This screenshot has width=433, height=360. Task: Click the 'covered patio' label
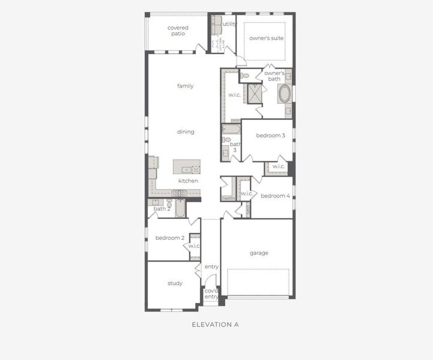click(177, 31)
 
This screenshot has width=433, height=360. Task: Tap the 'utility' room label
click(229, 24)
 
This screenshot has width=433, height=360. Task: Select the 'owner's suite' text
click(266, 38)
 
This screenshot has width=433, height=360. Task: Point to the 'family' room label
click(185, 86)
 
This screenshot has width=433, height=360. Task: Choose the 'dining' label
click(186, 131)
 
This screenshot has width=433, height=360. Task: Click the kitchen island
click(187, 166)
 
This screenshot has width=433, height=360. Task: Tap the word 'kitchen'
click(188, 181)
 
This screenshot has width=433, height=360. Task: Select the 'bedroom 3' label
click(270, 136)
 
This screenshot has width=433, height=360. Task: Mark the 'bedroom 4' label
click(275, 196)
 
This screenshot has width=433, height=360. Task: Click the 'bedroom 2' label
click(169, 238)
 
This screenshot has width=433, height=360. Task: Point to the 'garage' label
click(259, 253)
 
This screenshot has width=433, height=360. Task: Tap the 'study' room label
click(175, 283)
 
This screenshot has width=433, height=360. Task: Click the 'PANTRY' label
click(228, 199)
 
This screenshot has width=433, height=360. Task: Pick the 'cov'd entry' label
click(211, 293)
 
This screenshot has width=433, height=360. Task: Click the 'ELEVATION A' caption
click(215, 325)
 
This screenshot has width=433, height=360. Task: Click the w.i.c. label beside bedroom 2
click(194, 246)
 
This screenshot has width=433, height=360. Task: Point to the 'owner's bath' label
click(274, 76)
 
